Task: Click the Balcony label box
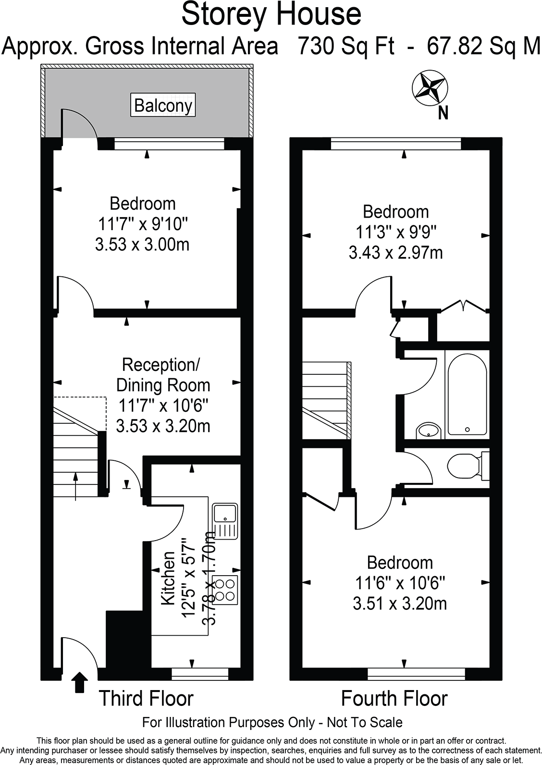click(163, 105)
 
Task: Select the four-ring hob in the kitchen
click(225, 590)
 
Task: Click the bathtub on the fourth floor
click(467, 394)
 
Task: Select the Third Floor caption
click(146, 698)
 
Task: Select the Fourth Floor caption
click(394, 698)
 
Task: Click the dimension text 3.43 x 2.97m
click(395, 252)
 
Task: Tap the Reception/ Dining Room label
click(163, 375)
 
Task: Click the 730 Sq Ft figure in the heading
click(346, 47)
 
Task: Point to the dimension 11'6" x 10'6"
click(400, 583)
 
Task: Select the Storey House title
click(271, 14)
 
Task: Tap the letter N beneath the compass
click(443, 113)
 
